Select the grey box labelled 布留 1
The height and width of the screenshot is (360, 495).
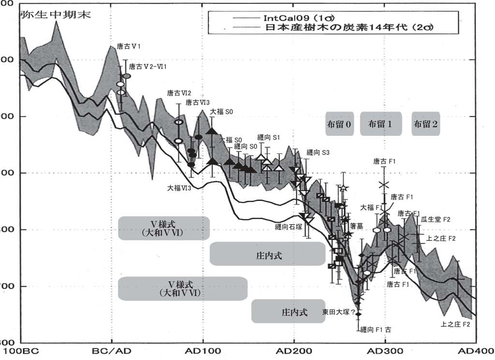tap(380, 124)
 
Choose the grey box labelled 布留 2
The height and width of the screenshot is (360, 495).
tap(426, 124)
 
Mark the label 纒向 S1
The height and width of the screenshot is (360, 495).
tap(269, 137)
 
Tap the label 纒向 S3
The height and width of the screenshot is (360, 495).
tap(318, 152)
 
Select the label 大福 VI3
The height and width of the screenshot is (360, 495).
tap(180, 187)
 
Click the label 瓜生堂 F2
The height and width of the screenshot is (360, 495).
tap(435, 220)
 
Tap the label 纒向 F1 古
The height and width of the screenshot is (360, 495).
tap(376, 330)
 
